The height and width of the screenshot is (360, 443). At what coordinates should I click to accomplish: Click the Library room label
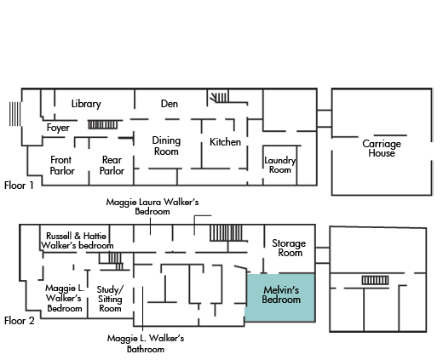pos(86,104)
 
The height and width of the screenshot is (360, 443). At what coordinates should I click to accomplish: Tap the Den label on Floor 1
pos(170,104)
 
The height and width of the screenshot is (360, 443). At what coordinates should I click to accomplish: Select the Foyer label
pos(58,128)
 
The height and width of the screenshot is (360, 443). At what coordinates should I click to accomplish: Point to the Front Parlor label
pos(62,165)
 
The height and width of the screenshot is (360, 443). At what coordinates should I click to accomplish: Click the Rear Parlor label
pos(112,165)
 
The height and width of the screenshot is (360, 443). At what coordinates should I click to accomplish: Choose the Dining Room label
pos(166,146)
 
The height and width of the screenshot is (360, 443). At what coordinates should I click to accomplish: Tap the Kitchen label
pos(225,142)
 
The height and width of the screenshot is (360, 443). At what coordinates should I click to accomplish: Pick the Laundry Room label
pos(280,165)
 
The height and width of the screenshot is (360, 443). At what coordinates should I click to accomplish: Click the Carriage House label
pos(382,148)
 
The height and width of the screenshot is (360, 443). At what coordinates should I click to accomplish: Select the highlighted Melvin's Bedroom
pos(281,297)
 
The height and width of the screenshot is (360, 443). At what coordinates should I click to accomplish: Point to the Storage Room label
pos(289,248)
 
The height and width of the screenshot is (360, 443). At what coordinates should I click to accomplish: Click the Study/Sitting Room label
pos(110,299)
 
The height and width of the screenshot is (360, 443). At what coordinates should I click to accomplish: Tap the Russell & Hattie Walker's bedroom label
pos(77,241)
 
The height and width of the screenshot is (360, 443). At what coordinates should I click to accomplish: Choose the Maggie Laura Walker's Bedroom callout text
pos(152,207)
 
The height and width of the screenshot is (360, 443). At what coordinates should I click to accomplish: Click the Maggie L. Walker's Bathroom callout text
pos(146,343)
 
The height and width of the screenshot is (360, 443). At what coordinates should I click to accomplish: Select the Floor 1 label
pos(19,186)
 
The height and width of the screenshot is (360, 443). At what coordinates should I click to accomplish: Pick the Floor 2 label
pos(20,321)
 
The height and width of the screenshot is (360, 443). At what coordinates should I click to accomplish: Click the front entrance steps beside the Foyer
pos(14,114)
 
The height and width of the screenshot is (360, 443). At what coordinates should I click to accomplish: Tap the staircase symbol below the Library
pos(102,124)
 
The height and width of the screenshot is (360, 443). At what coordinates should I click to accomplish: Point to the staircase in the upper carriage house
pos(375,280)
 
